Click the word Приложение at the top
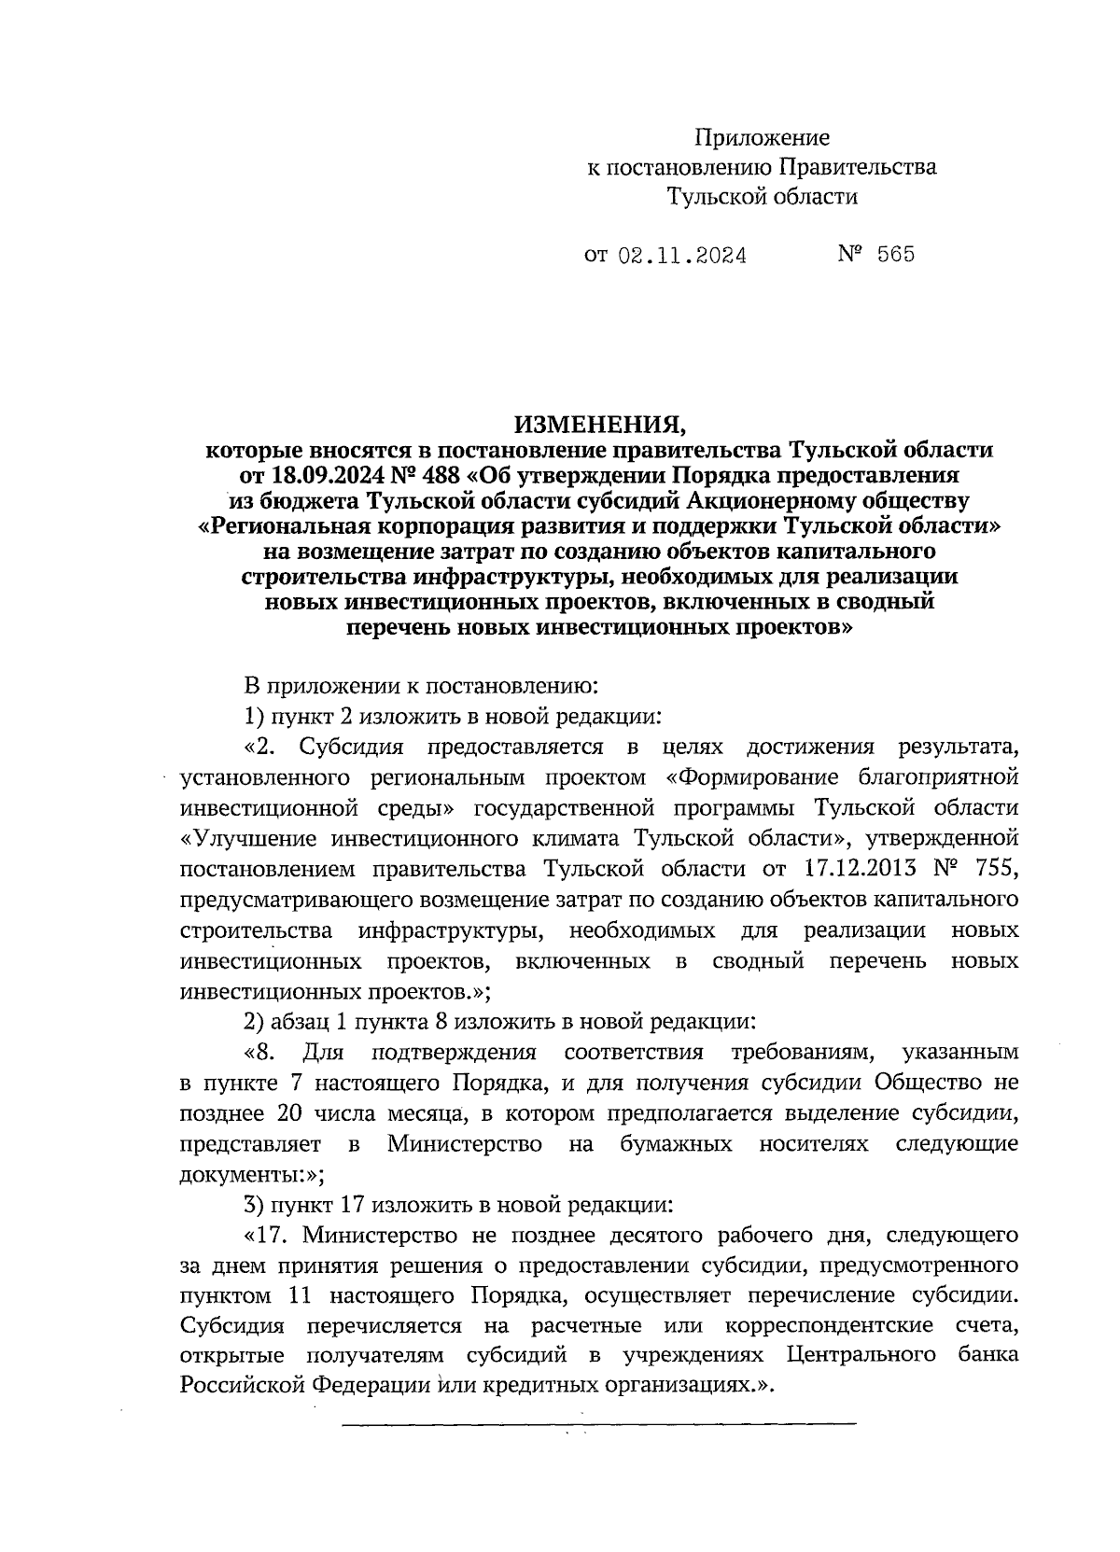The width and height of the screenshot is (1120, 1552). click(762, 139)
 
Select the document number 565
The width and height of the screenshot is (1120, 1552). click(896, 254)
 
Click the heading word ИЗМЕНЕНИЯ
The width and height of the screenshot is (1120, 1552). click(599, 425)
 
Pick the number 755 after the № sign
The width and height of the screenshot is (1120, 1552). click(991, 869)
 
